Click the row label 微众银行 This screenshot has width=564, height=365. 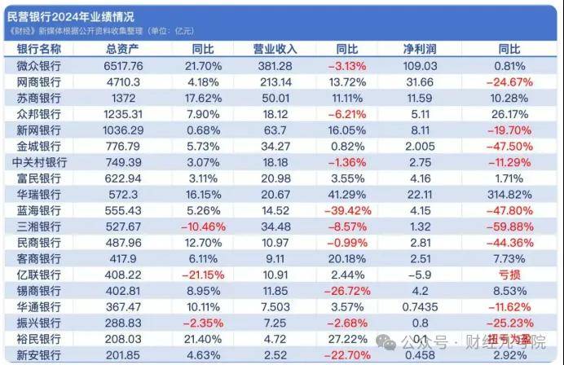coord(40,65)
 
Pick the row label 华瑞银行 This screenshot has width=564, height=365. coord(40,195)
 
